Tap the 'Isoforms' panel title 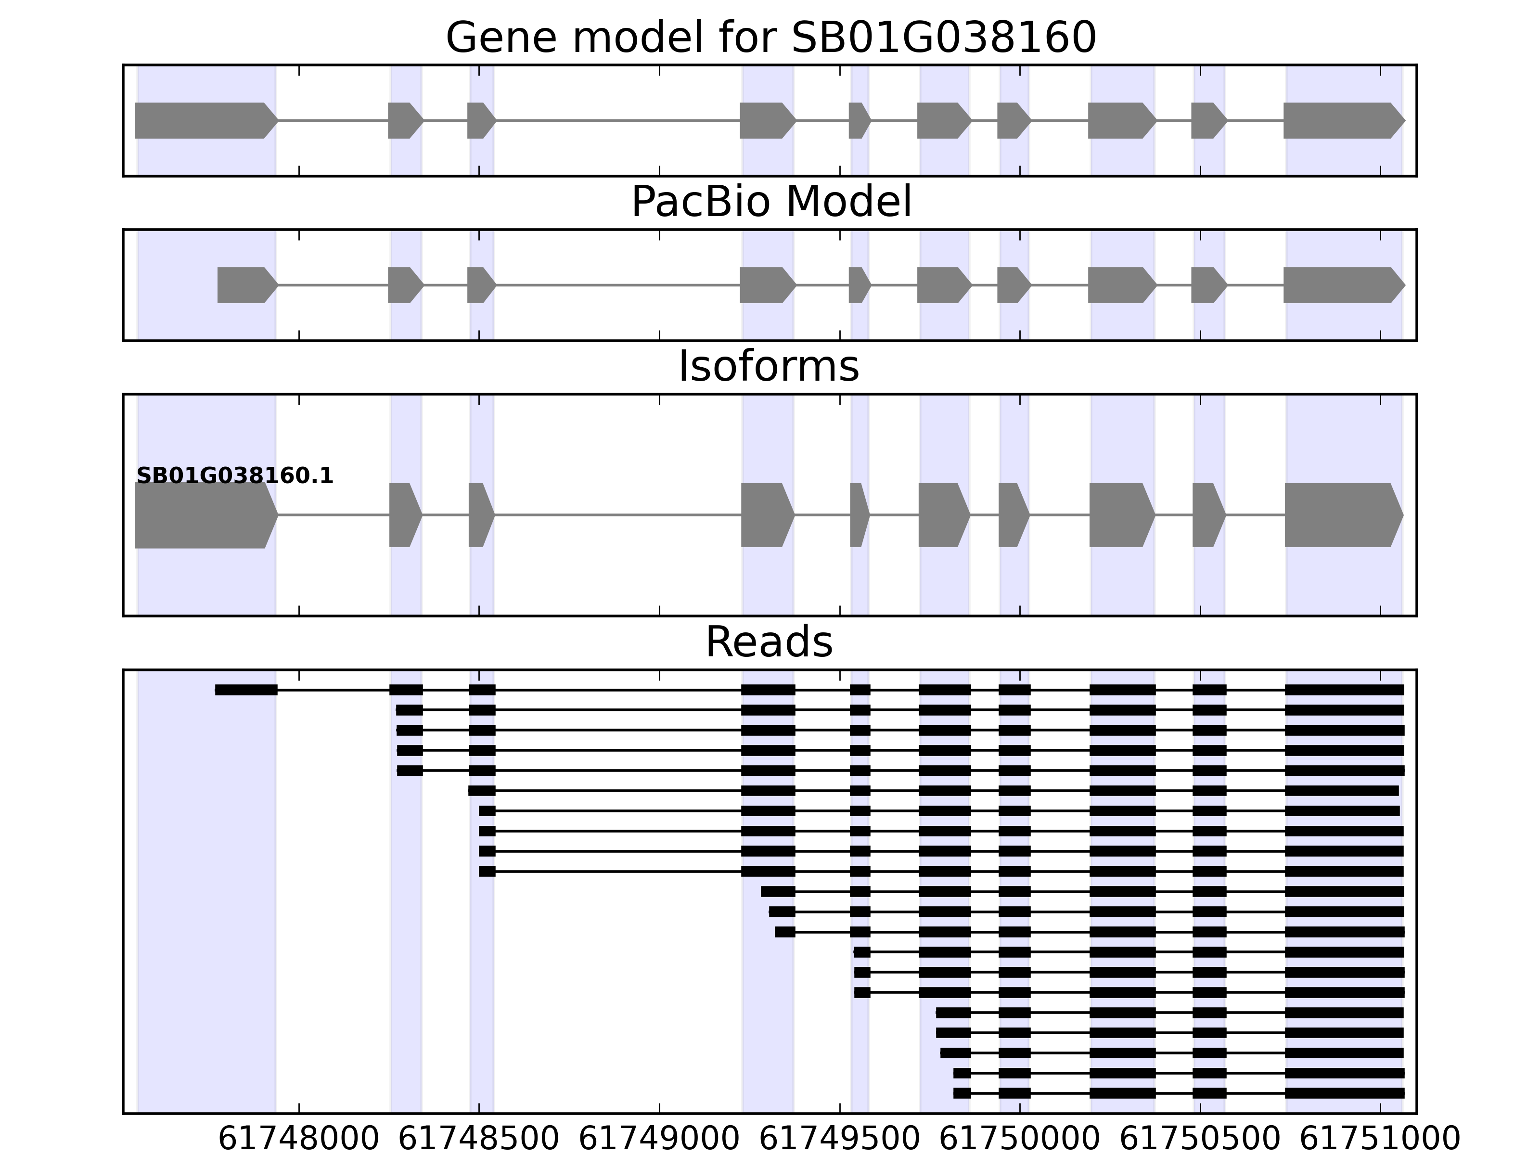click(769, 367)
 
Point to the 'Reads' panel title click(769, 642)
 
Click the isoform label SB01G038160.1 click(235, 476)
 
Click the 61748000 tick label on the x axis click(299, 1139)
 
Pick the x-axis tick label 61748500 click(479, 1139)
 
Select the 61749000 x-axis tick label click(659, 1139)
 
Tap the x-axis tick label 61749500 click(840, 1139)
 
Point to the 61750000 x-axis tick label click(1020, 1139)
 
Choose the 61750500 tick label click(1200, 1139)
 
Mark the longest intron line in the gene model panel click(617, 120)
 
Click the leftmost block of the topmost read click(246, 690)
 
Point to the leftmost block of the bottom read click(962, 1093)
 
